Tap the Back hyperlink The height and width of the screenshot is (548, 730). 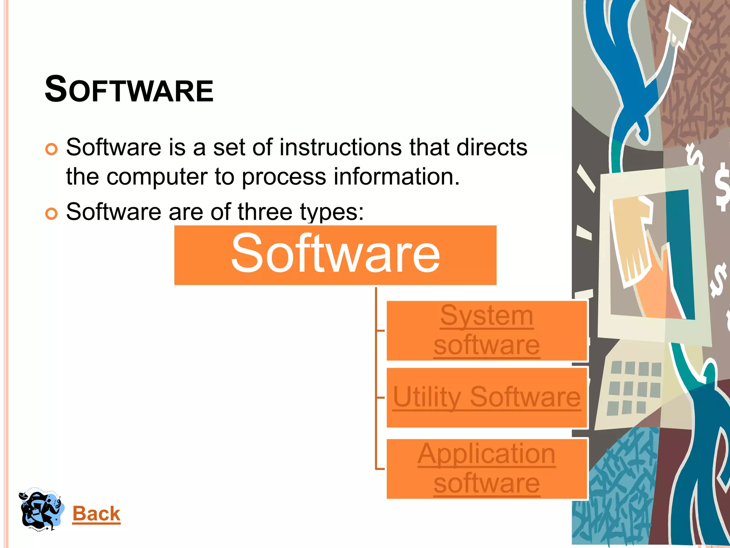[x=96, y=514]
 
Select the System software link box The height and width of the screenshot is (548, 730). [x=487, y=330]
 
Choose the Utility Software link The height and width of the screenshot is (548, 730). [x=487, y=397]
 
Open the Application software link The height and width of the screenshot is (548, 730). [x=487, y=468]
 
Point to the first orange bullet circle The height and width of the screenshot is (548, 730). [x=52, y=149]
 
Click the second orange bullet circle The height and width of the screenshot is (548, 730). [x=52, y=214]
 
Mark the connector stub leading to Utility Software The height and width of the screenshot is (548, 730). [x=380, y=397]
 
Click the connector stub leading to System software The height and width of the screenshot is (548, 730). [x=380, y=331]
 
